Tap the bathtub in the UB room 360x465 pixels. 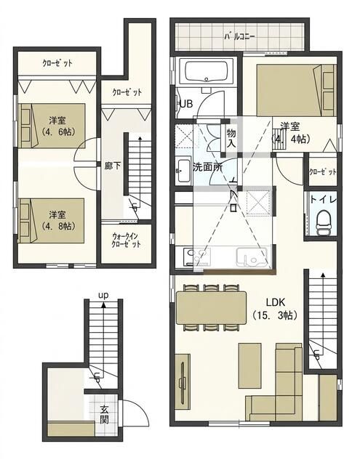point(206,73)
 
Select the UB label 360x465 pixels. point(185,104)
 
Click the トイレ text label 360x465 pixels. point(321,197)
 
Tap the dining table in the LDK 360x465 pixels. point(212,307)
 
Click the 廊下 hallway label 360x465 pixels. point(112,166)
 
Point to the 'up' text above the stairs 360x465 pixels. point(104,295)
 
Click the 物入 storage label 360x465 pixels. point(231,139)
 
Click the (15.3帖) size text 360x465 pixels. point(274,315)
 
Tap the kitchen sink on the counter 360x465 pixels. point(255,257)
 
